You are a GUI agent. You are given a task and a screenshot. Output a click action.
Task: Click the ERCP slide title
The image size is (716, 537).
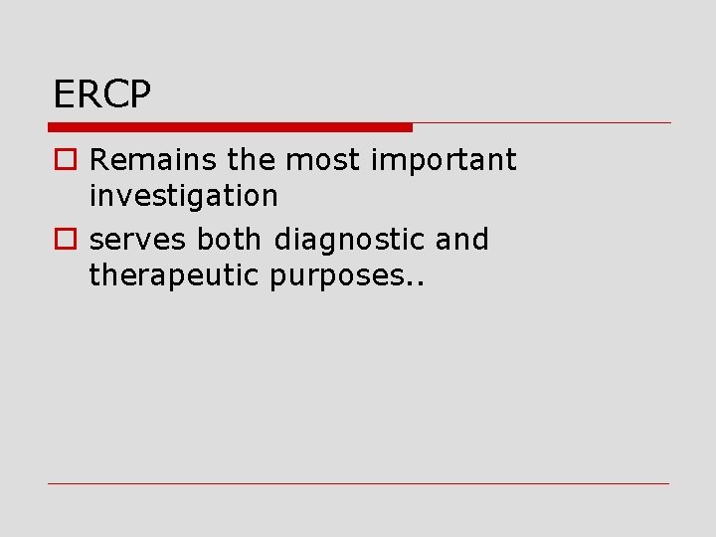point(101,95)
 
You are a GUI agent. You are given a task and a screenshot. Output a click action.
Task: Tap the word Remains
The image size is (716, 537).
point(139,160)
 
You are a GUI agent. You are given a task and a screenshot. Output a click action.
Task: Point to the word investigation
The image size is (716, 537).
point(183,196)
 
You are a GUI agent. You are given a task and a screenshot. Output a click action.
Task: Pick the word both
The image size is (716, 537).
point(230,240)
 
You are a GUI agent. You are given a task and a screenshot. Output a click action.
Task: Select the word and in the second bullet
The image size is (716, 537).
point(462,240)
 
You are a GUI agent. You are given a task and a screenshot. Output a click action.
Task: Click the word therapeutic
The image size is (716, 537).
point(175,275)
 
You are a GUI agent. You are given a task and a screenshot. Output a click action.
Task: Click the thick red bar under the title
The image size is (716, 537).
point(230,127)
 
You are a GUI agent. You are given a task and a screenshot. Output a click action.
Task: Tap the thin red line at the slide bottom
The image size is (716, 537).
point(358,484)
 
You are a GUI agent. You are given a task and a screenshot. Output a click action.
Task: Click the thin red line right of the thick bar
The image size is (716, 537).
point(542,123)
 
